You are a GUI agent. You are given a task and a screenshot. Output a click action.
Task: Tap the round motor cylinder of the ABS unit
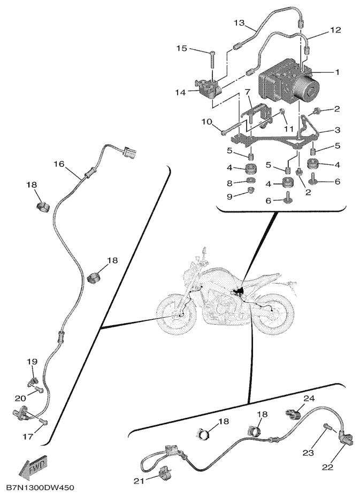tap(307, 90)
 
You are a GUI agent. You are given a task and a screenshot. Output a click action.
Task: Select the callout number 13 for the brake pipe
tap(240, 23)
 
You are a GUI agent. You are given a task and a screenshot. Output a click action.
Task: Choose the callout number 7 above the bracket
tap(248, 92)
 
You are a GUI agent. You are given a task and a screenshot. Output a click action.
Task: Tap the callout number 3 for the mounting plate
tap(337, 129)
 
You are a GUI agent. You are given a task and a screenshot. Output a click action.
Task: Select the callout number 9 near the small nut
tap(229, 196)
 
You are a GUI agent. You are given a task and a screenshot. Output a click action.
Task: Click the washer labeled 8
tap(251, 181)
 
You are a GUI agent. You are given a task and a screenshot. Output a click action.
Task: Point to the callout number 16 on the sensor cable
tap(59, 164)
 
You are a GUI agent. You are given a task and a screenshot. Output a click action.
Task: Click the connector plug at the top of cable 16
tap(129, 151)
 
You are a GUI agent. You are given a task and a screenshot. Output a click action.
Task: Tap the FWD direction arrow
tap(34, 467)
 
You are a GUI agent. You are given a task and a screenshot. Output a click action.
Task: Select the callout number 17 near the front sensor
tap(28, 437)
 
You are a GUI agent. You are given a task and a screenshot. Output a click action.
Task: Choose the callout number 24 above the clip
tap(309, 399)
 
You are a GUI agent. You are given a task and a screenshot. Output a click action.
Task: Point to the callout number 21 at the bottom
tap(139, 481)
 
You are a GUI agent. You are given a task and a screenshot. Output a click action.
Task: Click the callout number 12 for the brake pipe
tap(335, 30)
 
